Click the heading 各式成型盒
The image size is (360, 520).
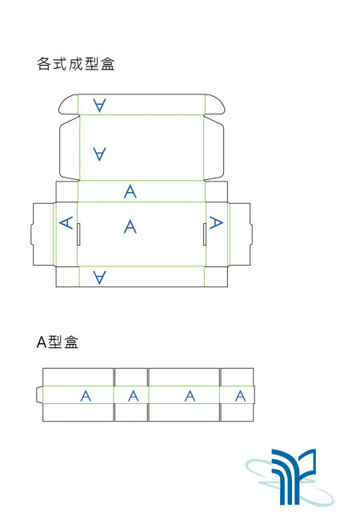coord(76,64)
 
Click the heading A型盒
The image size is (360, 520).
coord(58,342)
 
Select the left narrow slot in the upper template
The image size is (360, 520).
coord(78,234)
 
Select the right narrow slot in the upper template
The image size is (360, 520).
coord(205,234)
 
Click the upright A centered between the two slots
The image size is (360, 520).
coord(130,227)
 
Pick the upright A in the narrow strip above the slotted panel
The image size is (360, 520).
coord(130,191)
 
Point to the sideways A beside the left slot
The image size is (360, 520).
coord(66,222)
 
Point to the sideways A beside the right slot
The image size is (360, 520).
coord(217,222)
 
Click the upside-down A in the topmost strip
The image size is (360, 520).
coord(99,105)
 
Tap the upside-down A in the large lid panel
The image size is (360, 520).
coord(99,154)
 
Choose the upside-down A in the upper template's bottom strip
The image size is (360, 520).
coord(99,278)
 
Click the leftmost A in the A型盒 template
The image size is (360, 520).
coord(86,396)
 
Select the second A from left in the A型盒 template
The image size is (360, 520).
coord(134,396)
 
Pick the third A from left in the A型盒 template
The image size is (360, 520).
coord(190,396)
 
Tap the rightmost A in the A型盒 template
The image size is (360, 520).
coord(241,396)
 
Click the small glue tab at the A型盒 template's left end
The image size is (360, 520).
coord(39,394)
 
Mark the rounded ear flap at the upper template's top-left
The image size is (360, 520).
coord(69,105)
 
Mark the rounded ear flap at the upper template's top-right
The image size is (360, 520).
coord(215,105)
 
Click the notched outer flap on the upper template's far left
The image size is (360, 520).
coord(42,234)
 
